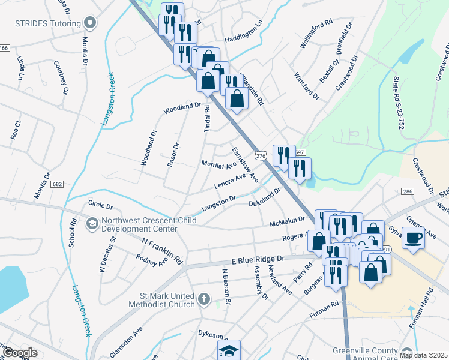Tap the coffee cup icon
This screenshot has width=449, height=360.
coord(413,238)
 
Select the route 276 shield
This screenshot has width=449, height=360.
coord(260,155)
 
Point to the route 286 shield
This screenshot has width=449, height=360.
coord(408,191)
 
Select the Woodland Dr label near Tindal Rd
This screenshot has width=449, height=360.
coord(182,109)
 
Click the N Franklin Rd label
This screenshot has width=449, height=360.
coord(161,251)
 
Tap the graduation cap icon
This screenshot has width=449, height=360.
coord(228,350)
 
